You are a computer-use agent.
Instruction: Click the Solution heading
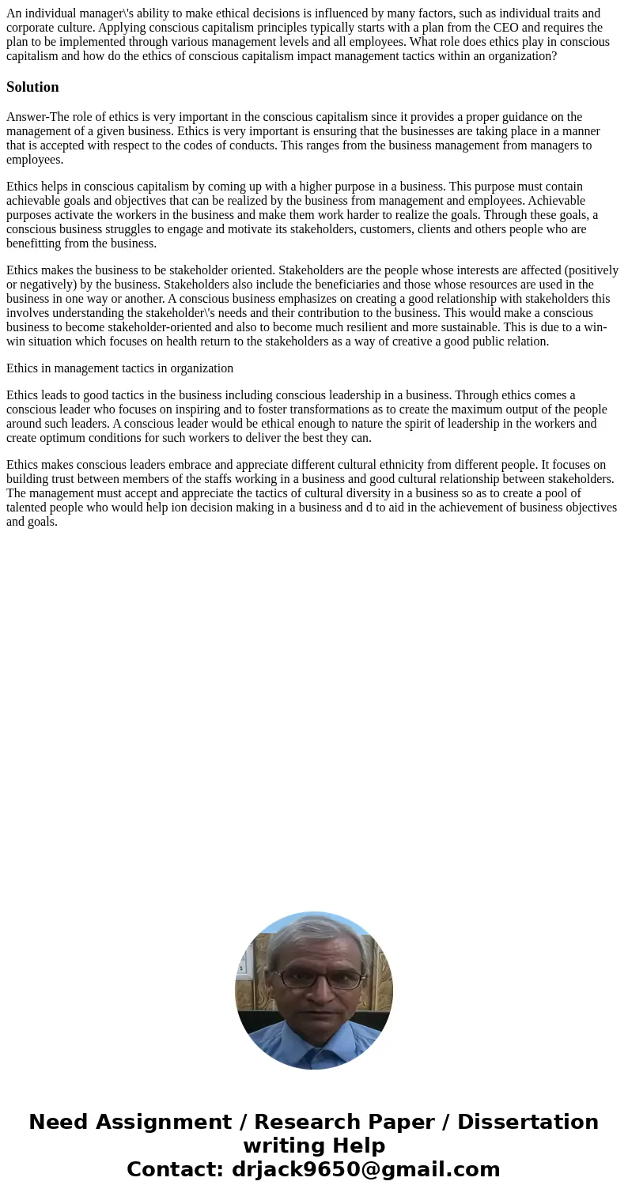32,87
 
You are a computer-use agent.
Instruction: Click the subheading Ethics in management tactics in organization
119,368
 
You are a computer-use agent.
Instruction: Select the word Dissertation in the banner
528,1123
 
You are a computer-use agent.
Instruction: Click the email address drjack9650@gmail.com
365,1170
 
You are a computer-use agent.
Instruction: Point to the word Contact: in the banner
176,1170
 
